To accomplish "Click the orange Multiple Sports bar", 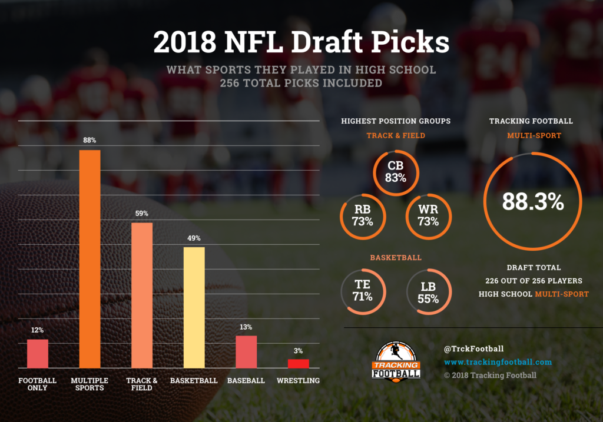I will coord(90,259).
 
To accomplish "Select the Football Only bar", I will coord(38,354).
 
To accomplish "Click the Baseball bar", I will coord(246,352).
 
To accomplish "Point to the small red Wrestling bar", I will coord(298,363).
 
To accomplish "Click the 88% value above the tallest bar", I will coord(90,140).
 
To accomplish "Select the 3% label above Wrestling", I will coord(298,351).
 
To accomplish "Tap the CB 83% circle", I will coord(395,171).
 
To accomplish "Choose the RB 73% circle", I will coord(362,215).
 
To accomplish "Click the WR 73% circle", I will coord(428,215).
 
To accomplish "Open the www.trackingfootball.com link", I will coord(498,362).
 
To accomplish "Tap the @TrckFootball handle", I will coord(473,348).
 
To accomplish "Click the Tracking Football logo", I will coord(398,360).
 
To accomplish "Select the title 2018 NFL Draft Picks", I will coord(301,42).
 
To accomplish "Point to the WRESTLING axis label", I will coord(298,381).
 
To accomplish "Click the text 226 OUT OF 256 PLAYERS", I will coord(533,280).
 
